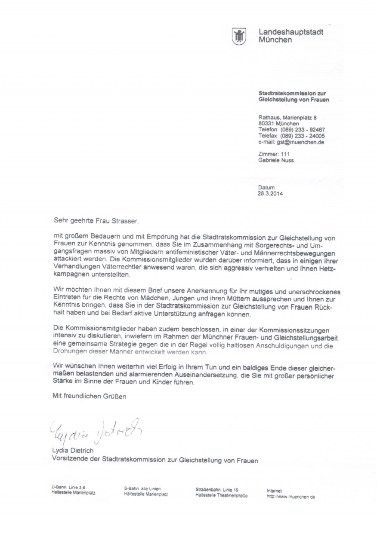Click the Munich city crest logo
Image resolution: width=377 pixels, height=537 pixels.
238,36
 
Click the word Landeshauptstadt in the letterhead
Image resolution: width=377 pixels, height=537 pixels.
290,32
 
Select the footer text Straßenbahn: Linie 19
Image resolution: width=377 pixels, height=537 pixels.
217,489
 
